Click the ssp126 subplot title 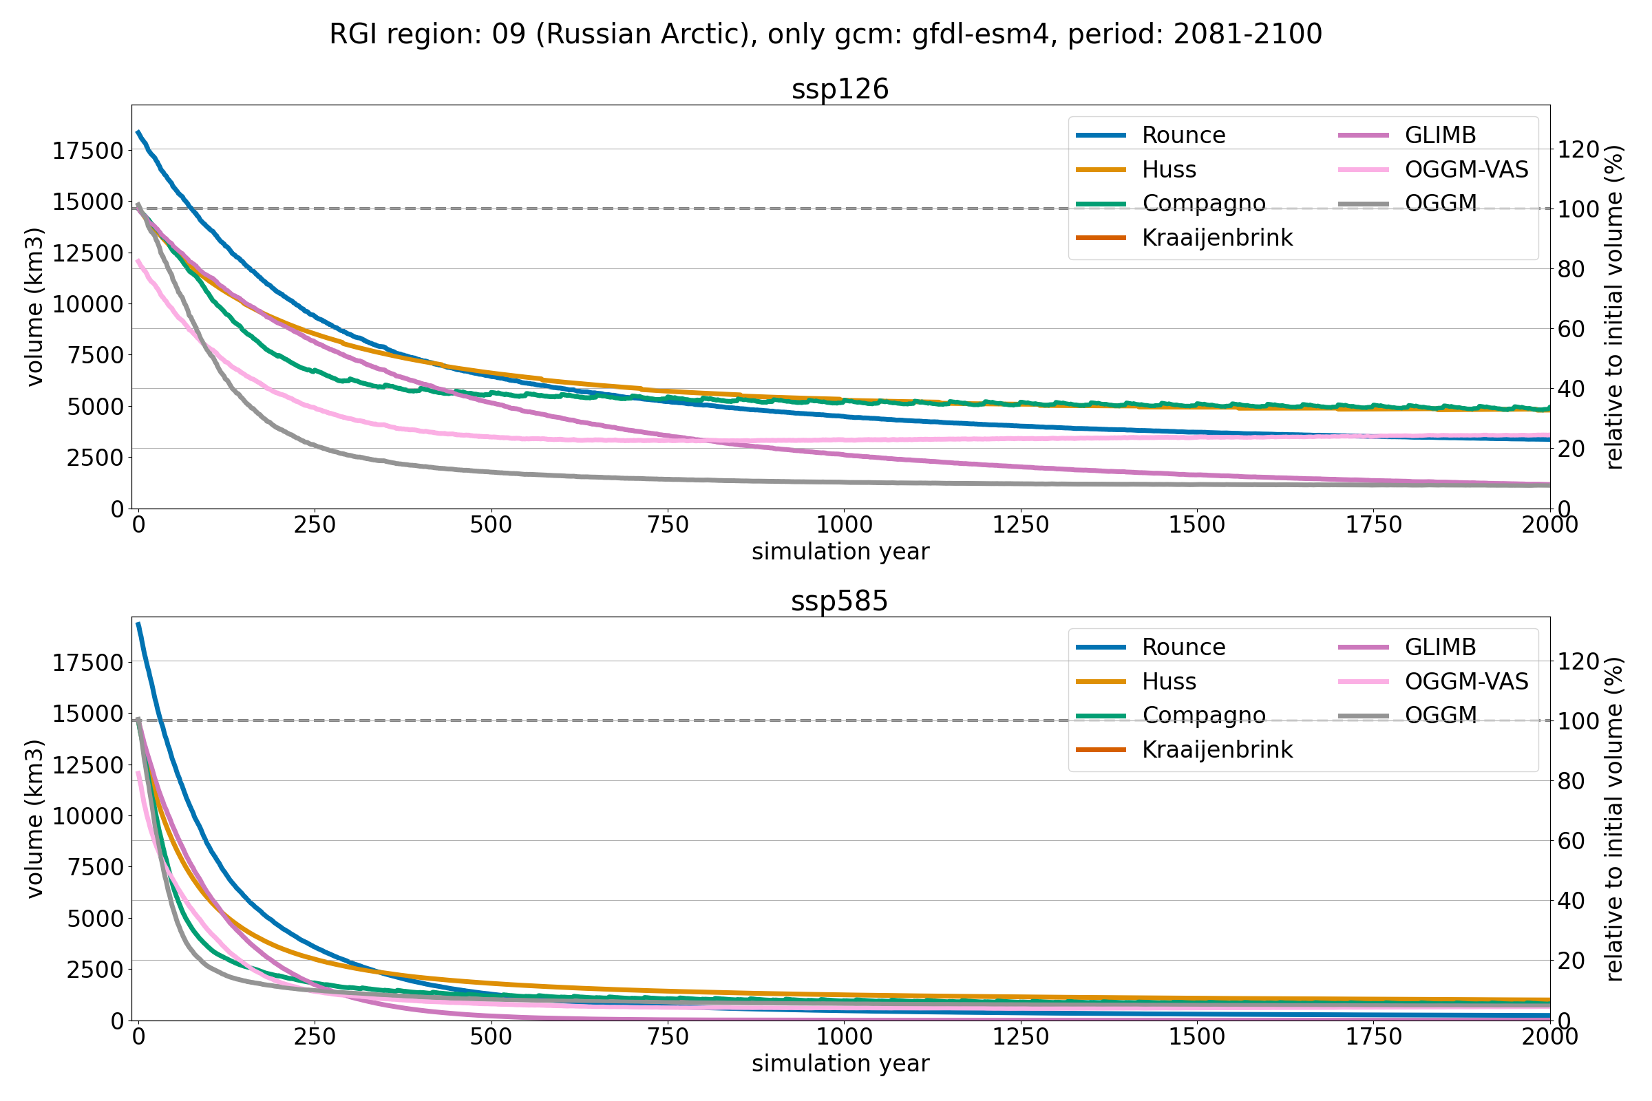point(840,89)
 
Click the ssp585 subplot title point(839,601)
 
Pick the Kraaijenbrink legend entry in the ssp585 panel point(1216,749)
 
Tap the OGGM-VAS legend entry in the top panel point(1466,169)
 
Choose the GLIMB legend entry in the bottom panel point(1440,647)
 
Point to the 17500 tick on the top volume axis point(88,150)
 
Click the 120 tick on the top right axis point(1578,149)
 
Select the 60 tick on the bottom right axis point(1571,840)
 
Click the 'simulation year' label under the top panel point(840,552)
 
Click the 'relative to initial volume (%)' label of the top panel point(1615,307)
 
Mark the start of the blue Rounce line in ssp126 point(138,131)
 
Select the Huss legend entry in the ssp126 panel point(1169,169)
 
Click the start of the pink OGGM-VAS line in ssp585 point(138,772)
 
